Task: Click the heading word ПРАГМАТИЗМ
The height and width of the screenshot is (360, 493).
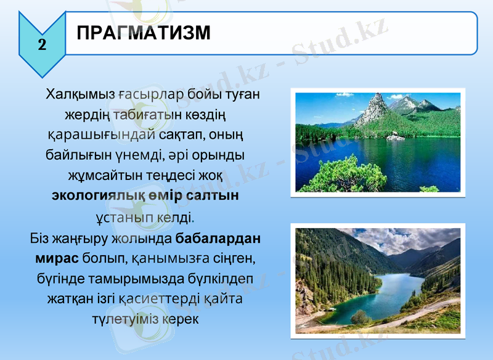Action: (x=144, y=33)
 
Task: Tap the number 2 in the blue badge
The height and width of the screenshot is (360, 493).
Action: (x=42, y=44)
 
